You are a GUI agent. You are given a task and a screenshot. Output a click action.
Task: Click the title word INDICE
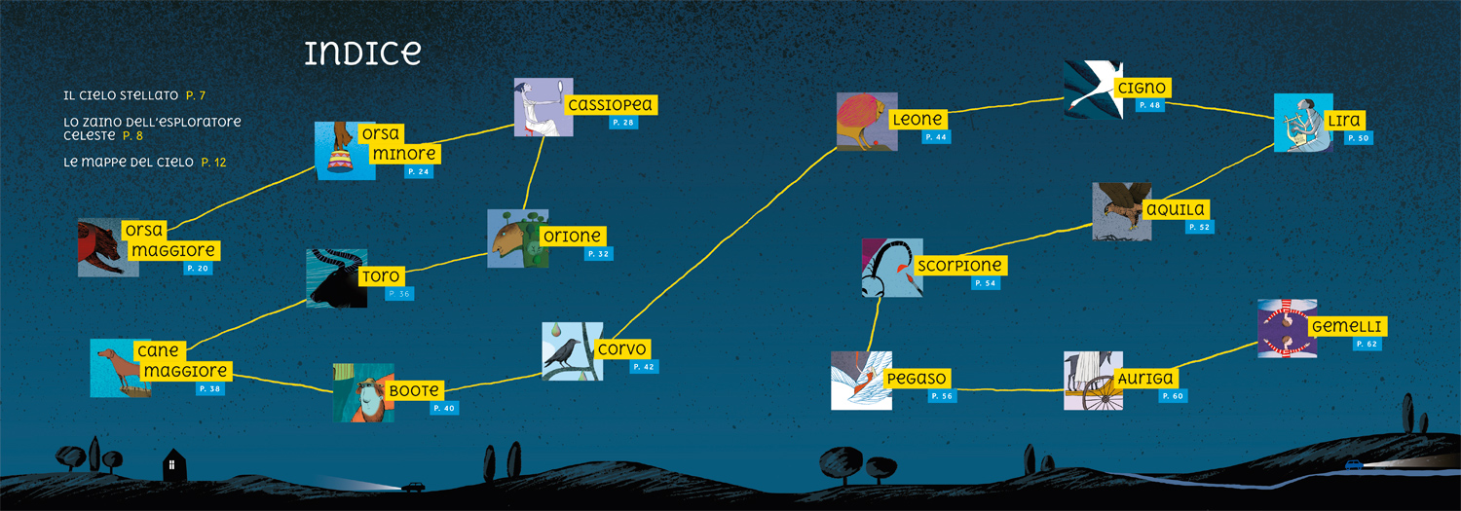[362, 53]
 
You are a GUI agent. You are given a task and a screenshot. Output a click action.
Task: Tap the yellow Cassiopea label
[611, 104]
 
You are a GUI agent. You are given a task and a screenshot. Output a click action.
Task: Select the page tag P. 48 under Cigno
[1150, 105]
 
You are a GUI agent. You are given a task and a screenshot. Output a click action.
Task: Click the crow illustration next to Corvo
[572, 351]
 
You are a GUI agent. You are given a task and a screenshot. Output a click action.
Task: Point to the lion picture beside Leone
[867, 122]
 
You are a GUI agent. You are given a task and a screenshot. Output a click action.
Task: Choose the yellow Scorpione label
[960, 266]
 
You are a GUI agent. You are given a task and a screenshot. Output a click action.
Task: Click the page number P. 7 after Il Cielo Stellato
[196, 95]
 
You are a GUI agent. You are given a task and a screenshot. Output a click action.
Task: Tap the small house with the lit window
[173, 464]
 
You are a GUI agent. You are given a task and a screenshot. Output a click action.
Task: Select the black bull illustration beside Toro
[337, 278]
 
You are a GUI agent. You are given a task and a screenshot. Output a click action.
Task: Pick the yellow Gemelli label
[1347, 326]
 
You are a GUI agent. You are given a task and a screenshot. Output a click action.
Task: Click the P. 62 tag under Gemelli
[1367, 345]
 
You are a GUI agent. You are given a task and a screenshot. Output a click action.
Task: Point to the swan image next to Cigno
[1094, 90]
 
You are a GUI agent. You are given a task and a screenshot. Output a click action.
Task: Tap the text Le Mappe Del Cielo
[129, 162]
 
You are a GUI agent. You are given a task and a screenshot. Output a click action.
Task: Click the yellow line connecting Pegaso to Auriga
[1010, 389]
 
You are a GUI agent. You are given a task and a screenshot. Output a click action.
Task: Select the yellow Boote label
[415, 390]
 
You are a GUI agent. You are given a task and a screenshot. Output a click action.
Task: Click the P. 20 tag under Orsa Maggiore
[198, 268]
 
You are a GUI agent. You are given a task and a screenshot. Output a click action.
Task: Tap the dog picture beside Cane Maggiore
[121, 368]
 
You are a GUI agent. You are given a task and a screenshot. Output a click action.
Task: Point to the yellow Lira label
[1344, 120]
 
